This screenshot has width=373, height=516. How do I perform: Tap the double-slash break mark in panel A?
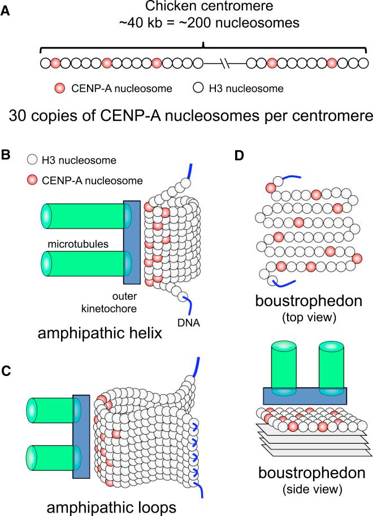[x=225, y=63]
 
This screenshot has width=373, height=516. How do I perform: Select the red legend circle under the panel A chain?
[x=59, y=88]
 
